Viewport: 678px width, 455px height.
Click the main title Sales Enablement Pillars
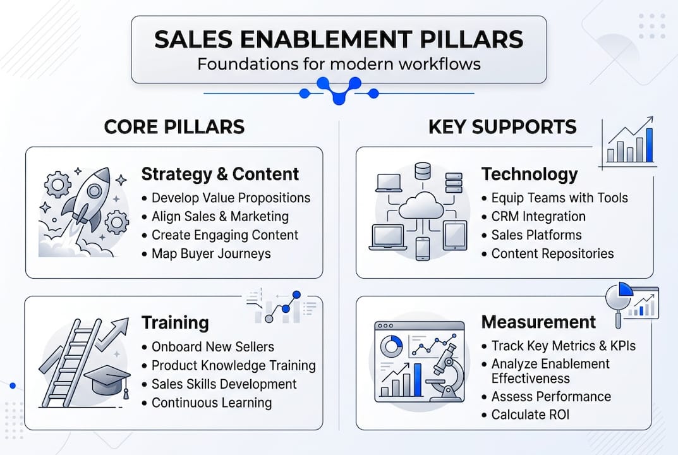pyautogui.click(x=339, y=39)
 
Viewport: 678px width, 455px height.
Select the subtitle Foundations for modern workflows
pyautogui.click(x=339, y=64)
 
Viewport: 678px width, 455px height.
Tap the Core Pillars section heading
pyautogui.click(x=174, y=126)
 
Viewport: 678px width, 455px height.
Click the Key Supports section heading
pyautogui.click(x=502, y=126)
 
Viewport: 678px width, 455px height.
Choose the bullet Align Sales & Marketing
pyautogui.click(x=220, y=216)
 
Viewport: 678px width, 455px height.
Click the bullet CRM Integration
pyautogui.click(x=538, y=216)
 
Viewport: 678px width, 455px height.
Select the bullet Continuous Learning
pyautogui.click(x=212, y=403)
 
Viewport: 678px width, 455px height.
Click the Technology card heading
pyautogui.click(x=530, y=174)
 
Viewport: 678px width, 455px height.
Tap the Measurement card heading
pyautogui.click(x=538, y=322)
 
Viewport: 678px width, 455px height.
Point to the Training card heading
pyautogui.click(x=175, y=322)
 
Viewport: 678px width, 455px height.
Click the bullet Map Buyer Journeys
pyautogui.click(x=211, y=253)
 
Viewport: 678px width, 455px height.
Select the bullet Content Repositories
pyautogui.click(x=552, y=253)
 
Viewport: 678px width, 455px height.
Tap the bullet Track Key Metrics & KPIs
pyautogui.click(x=564, y=346)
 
